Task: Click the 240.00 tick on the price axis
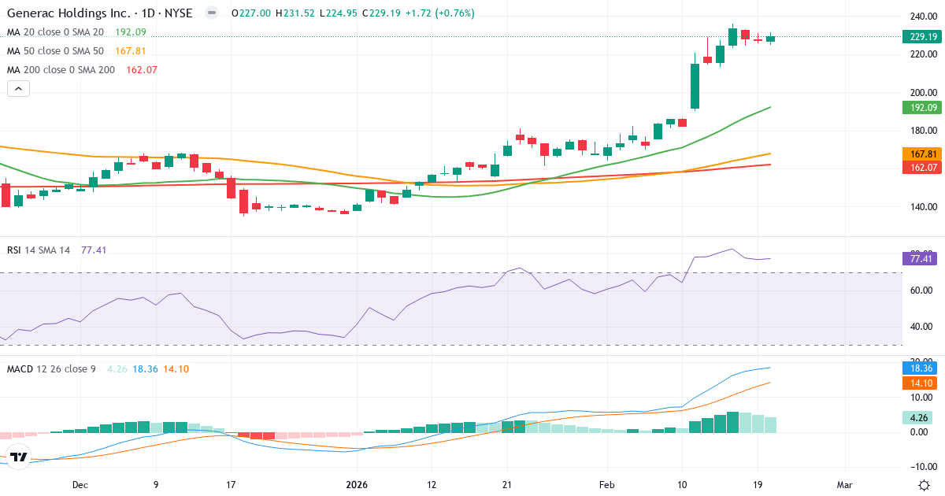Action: (921, 16)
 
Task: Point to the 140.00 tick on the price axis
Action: (921, 207)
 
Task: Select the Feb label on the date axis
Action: (606, 486)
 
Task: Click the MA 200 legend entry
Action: (61, 69)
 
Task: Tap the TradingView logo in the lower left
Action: (19, 457)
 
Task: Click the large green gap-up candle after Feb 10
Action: (695, 86)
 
